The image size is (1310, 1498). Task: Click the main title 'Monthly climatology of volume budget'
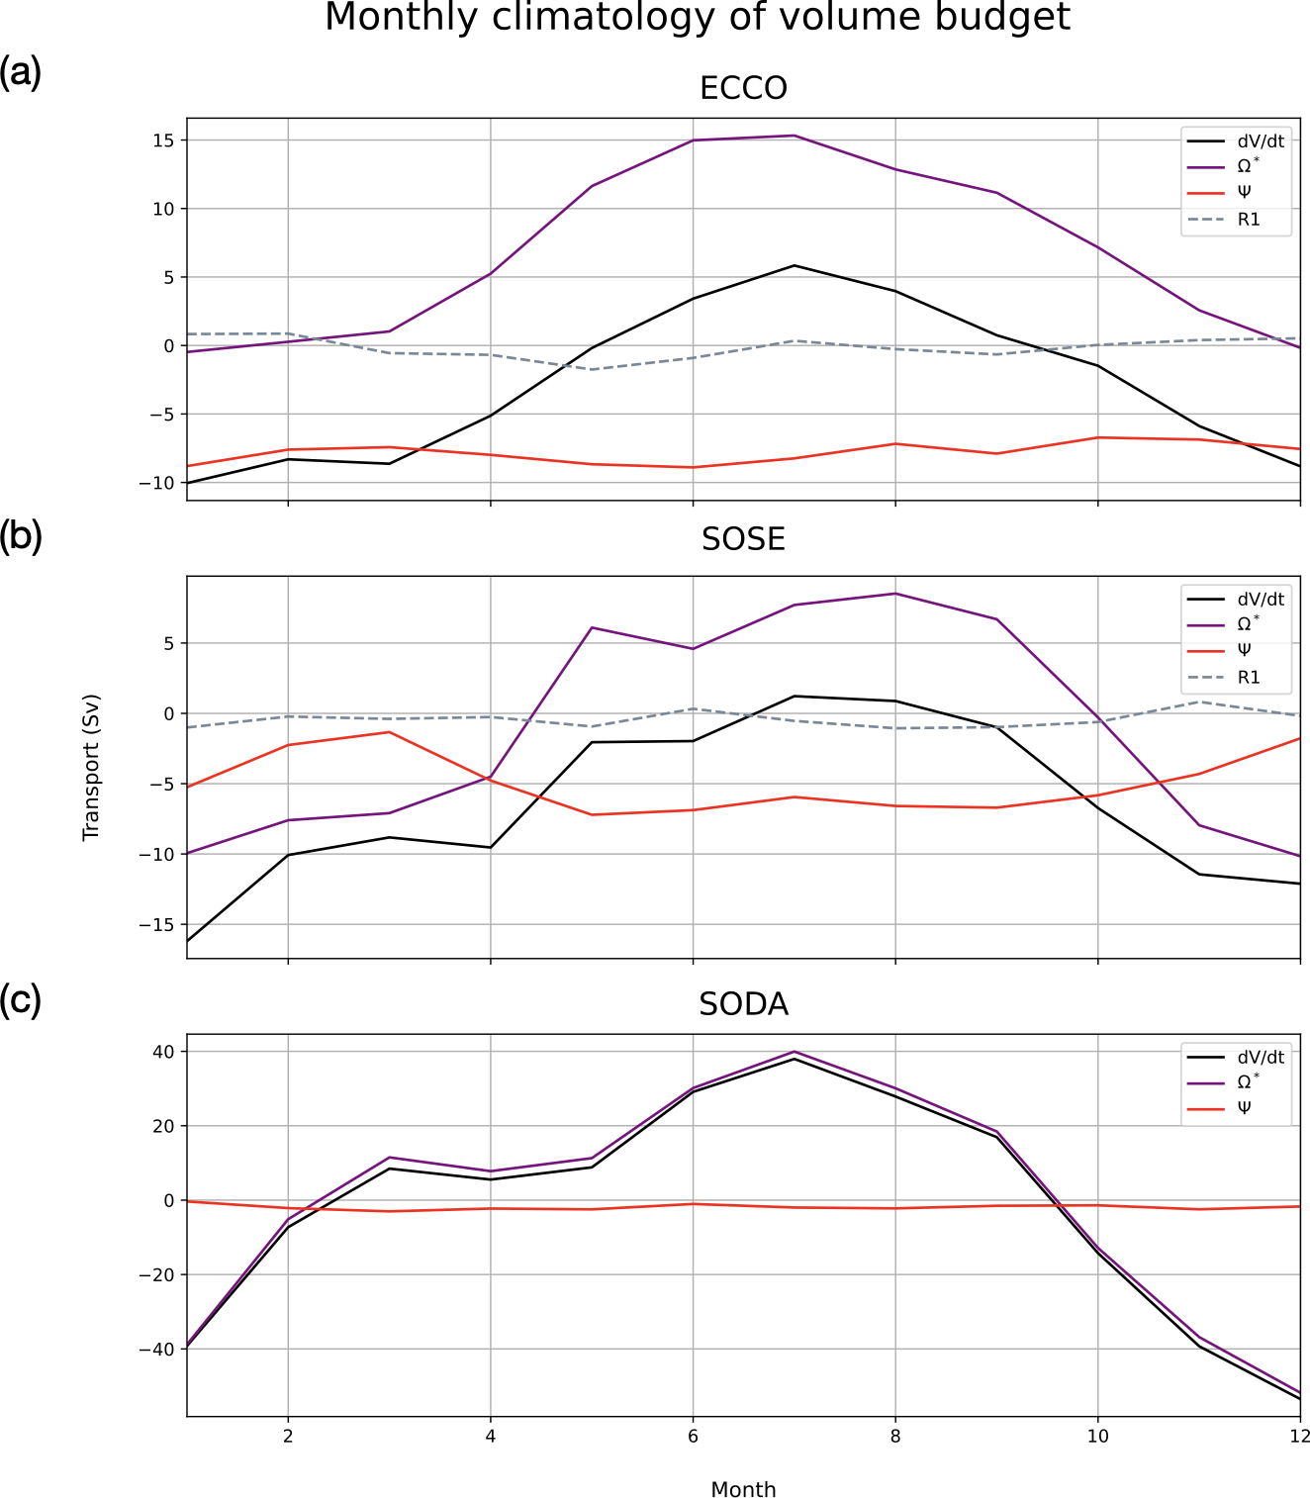(x=698, y=18)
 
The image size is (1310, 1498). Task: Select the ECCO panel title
(x=743, y=88)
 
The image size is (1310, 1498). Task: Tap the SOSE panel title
(x=743, y=539)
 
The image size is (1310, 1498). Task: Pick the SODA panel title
(x=743, y=1004)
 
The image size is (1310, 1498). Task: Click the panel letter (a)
(x=21, y=72)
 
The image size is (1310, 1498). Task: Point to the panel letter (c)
(x=21, y=1000)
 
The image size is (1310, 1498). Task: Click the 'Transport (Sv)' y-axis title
(x=92, y=768)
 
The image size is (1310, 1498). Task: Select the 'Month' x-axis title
(x=743, y=1489)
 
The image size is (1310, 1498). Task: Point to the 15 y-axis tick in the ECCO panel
(x=163, y=140)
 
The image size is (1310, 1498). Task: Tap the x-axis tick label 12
(x=1299, y=1437)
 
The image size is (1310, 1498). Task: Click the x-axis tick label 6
(x=693, y=1437)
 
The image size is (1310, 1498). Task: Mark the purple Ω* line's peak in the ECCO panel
(x=795, y=136)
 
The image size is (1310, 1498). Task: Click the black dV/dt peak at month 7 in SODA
(x=795, y=1059)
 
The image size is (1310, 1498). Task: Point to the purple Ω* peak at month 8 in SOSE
(x=895, y=594)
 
